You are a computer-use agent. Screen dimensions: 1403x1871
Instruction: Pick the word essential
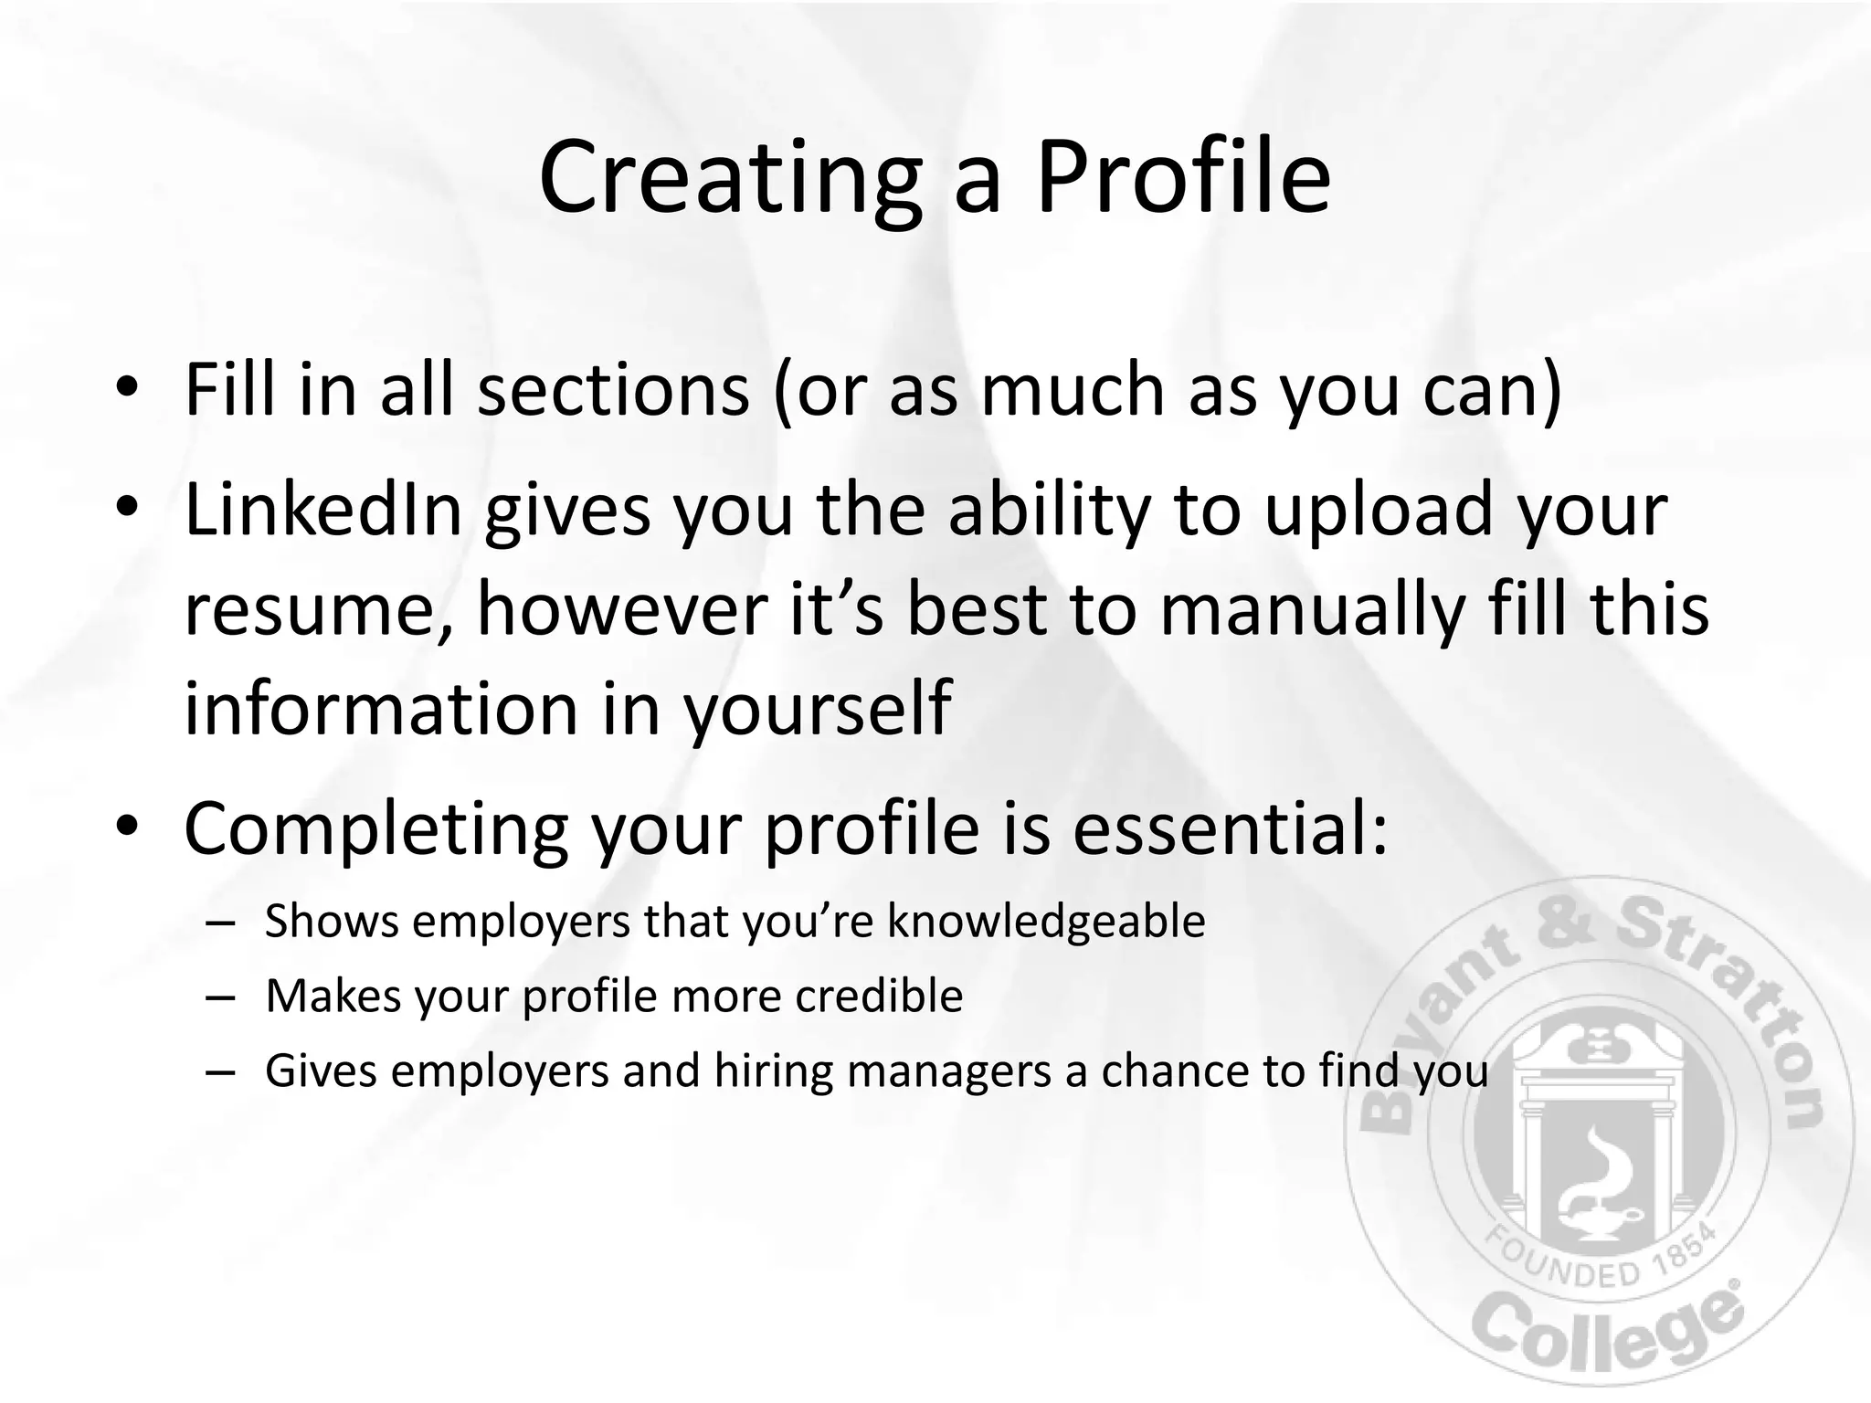point(1230,828)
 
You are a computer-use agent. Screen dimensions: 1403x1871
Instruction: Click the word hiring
point(774,1071)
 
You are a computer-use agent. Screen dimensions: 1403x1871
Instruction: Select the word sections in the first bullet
point(613,390)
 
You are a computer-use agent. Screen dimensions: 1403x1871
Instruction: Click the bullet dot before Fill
point(127,387)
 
